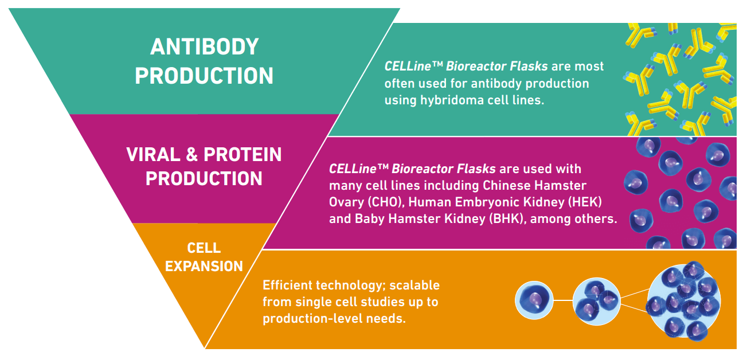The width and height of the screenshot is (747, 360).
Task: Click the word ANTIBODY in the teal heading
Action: coord(204,46)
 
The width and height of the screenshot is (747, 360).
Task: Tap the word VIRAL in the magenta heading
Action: coord(153,155)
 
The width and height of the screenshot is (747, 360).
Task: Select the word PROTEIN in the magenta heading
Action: coord(243,155)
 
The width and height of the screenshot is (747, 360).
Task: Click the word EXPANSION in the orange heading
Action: coord(204,267)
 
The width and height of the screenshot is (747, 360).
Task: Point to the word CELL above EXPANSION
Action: coord(204,248)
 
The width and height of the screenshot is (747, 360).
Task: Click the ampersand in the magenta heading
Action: coord(191,155)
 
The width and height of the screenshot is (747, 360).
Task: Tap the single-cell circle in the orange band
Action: coord(534,300)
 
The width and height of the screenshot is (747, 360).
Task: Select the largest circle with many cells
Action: coord(683,300)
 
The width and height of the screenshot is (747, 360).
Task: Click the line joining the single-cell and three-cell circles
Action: coord(563,300)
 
